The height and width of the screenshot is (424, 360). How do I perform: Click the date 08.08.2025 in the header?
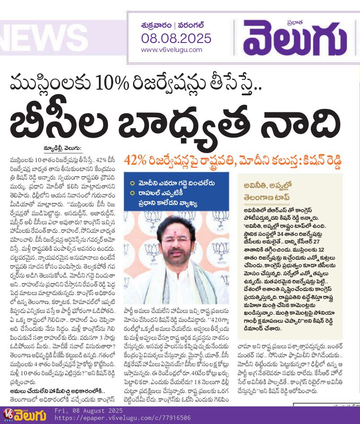click(x=176, y=39)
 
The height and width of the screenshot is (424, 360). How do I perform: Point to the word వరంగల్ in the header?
click(x=193, y=26)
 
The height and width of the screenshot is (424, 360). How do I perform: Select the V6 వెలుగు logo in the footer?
click(x=25, y=415)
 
